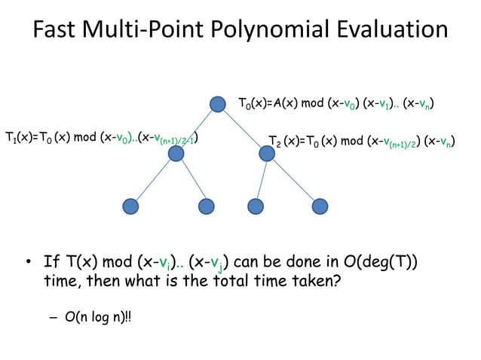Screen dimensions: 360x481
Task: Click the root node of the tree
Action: (218, 104)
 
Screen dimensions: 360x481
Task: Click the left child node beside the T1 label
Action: (176, 154)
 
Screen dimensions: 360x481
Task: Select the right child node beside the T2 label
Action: (267, 154)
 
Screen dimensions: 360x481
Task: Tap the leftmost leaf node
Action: (130, 206)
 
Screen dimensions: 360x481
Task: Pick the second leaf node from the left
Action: (207, 206)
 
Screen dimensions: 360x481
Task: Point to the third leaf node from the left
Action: (255, 206)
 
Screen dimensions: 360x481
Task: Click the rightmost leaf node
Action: (320, 206)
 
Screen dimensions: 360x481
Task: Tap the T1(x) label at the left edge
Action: (19, 137)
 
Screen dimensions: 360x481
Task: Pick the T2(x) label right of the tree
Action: (285, 141)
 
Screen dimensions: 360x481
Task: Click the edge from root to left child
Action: (197, 129)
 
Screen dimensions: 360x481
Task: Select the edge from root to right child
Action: (242, 129)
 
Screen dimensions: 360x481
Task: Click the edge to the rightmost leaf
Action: (293, 179)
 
